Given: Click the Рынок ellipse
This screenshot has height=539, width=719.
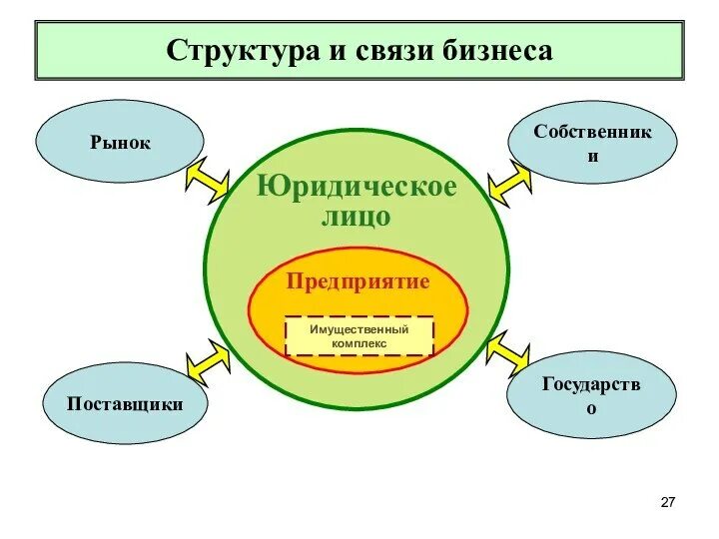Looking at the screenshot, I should pyautogui.click(x=120, y=143).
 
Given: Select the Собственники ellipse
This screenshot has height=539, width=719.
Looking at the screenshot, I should pyautogui.click(x=592, y=145).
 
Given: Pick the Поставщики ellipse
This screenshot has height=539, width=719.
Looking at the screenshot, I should pyautogui.click(x=125, y=403).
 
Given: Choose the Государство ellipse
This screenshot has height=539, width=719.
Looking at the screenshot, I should pyautogui.click(x=592, y=395).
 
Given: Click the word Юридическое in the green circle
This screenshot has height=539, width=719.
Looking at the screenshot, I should pyautogui.click(x=357, y=187).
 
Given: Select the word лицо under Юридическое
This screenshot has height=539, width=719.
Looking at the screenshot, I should pyautogui.click(x=356, y=217).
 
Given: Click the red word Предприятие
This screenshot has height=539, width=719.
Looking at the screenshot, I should pyautogui.click(x=358, y=281).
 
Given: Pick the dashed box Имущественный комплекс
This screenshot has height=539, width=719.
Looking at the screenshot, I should pyautogui.click(x=359, y=336).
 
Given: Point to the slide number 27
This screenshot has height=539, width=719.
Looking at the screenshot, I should pyautogui.click(x=669, y=500).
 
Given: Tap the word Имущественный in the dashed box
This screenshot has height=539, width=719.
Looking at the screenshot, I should pyautogui.click(x=359, y=329).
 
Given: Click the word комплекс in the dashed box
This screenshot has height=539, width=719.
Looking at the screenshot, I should pyautogui.click(x=359, y=344).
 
